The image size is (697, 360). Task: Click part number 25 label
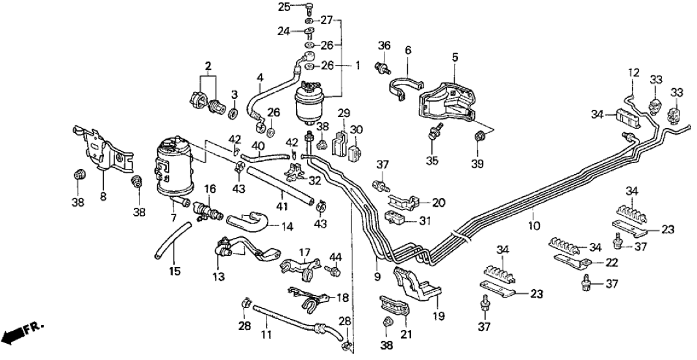(283, 6)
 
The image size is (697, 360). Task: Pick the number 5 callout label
(454, 57)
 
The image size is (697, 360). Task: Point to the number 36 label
(384, 46)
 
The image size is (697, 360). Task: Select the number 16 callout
(209, 189)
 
